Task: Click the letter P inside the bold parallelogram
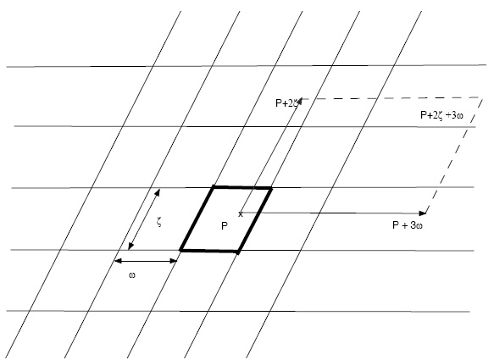[x=225, y=226]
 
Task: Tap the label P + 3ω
[x=408, y=225]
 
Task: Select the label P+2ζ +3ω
[x=441, y=115]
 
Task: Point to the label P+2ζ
[x=286, y=103]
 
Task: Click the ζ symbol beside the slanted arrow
[x=159, y=223]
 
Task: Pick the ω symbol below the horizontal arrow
[x=132, y=275]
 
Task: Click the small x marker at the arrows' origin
[x=241, y=214]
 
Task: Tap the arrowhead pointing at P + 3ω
[x=423, y=213]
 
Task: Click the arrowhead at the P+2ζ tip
[x=299, y=101]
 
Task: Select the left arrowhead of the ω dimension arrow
[x=118, y=261]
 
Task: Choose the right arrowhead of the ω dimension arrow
[x=173, y=261]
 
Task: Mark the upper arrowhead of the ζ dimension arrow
[x=158, y=192]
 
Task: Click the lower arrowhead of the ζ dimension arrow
[x=130, y=246]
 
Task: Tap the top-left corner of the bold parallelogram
[x=214, y=187]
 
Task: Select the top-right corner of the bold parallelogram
[x=270, y=188]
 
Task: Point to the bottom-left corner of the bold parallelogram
[x=180, y=251]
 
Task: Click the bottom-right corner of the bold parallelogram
[x=238, y=252]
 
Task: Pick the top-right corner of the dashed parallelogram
[x=483, y=98]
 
